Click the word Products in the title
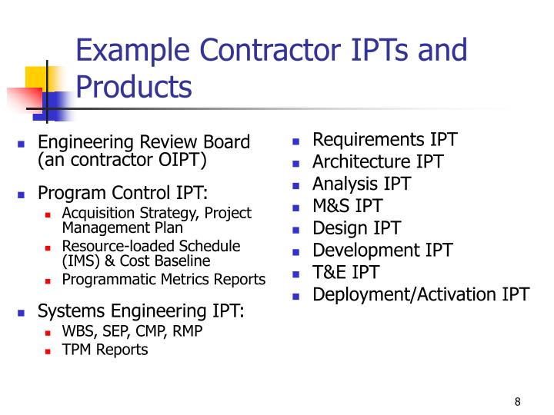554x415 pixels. coord(133,86)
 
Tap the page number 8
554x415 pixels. coord(518,403)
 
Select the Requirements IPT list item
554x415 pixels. coord(385,140)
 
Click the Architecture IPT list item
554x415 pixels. coord(378,162)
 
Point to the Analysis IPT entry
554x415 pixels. coord(362,184)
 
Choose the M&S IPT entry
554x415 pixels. coord(348,206)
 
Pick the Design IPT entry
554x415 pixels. coord(356,228)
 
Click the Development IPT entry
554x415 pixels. coord(382,251)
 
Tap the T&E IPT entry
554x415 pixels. coord(345,272)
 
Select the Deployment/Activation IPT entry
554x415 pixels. coord(421,294)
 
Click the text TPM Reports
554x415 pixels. coord(105,350)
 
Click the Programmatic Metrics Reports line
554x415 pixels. coord(164,280)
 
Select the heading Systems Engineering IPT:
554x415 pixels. coord(141,311)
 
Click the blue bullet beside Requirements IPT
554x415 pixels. coord(295,141)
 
